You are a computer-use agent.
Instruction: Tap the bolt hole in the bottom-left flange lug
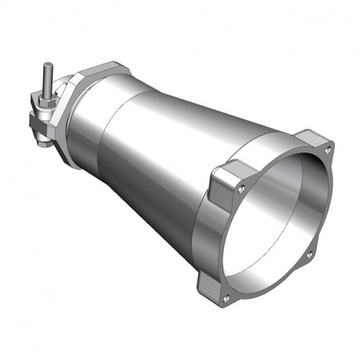[x=226, y=298]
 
